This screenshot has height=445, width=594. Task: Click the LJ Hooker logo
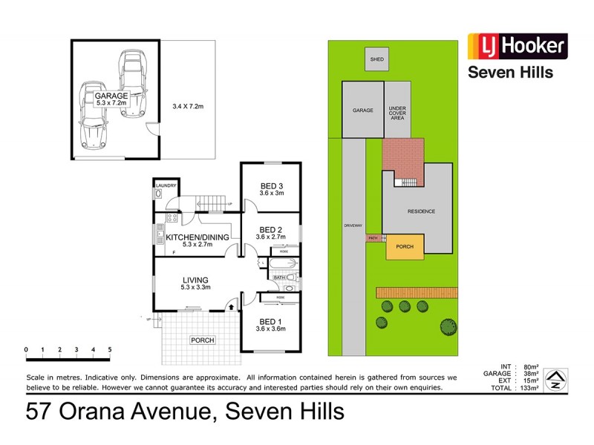pos(517,47)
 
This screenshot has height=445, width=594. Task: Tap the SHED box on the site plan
pos(376,59)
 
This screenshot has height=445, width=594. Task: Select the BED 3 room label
pos(272,185)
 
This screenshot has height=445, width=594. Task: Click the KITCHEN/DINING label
pos(198,237)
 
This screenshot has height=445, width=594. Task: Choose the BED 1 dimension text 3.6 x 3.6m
pos(271,329)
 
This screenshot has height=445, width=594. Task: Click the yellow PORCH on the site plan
pos(405,246)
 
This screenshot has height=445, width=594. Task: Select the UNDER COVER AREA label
pos(397,113)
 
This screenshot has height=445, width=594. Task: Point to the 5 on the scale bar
pos(110,349)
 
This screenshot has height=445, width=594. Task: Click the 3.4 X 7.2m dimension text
pos(188,107)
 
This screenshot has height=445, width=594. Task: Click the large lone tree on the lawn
pos(448,325)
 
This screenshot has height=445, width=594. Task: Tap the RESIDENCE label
pos(421,211)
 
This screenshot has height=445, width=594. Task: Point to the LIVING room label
pos(197,280)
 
